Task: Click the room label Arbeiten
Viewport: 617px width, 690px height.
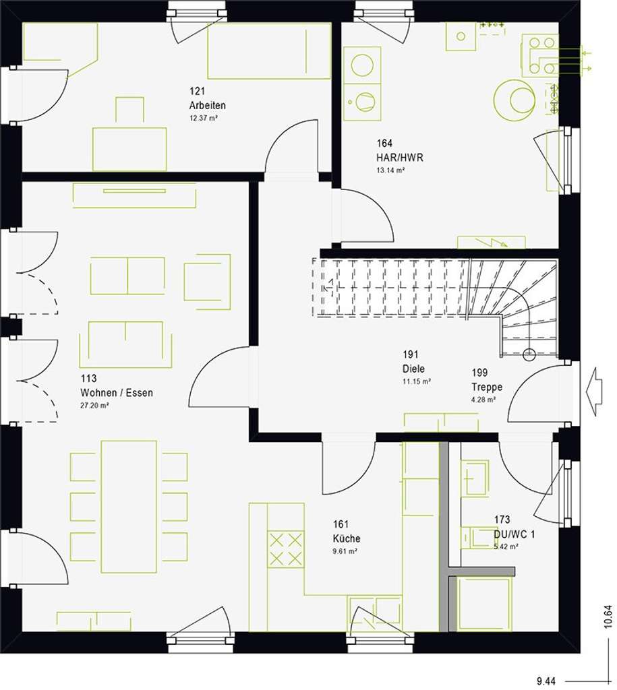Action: click(207, 105)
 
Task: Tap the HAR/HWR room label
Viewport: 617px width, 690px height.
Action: click(400, 158)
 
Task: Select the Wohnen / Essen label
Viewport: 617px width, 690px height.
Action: click(116, 393)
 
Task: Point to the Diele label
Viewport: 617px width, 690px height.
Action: click(414, 369)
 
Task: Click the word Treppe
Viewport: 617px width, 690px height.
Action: click(487, 387)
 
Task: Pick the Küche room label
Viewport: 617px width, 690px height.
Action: click(346, 538)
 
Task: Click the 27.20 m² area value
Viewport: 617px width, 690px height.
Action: click(94, 406)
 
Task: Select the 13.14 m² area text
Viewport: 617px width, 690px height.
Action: click(390, 170)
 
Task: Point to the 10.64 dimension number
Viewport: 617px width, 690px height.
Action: click(608, 618)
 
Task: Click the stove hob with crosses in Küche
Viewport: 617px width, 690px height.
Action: click(286, 549)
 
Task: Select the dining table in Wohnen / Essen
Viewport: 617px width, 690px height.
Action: click(129, 506)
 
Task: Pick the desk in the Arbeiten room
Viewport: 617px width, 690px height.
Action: click(129, 149)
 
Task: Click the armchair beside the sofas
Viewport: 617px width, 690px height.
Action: click(207, 277)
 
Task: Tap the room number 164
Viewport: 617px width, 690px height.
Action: click(384, 143)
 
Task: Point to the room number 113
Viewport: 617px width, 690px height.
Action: click(88, 379)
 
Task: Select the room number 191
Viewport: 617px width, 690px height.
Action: click(411, 355)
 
